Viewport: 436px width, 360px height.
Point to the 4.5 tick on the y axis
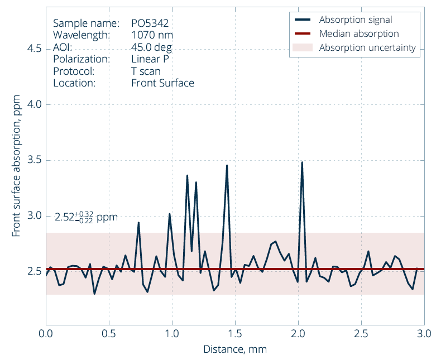click(35, 49)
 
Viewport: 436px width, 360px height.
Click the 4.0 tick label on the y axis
click(35, 104)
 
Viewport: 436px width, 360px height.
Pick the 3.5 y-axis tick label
click(35, 160)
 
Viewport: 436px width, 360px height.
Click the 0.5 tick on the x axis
click(109, 333)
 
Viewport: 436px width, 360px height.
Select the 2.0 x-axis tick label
click(298, 333)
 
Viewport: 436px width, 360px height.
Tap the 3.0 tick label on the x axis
click(424, 333)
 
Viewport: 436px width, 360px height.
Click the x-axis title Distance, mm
click(234, 349)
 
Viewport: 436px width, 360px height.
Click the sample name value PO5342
click(150, 23)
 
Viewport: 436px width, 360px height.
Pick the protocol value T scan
click(146, 71)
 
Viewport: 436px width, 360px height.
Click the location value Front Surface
click(162, 83)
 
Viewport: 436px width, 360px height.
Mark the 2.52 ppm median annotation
click(86, 217)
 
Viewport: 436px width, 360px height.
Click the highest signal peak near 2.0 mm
click(302, 162)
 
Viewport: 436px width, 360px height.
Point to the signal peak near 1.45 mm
click(227, 165)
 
